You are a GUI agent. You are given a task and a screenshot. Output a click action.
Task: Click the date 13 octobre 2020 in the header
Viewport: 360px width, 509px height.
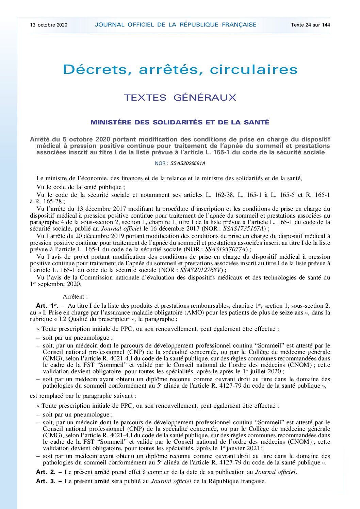(49, 25)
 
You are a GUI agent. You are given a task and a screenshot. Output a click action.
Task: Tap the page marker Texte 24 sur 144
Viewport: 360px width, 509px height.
(310, 25)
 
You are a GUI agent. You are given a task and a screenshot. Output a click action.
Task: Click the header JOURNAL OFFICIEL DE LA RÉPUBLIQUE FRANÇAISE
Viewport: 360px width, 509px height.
(176, 25)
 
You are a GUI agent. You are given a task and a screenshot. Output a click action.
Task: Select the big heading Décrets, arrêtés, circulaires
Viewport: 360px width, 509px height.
(180, 69)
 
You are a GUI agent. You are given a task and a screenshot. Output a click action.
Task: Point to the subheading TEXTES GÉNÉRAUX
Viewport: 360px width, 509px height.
(180, 98)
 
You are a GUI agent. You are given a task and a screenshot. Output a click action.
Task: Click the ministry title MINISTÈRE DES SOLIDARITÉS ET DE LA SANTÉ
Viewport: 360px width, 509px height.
(180, 122)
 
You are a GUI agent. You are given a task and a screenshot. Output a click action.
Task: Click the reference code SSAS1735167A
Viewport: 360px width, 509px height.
(244, 229)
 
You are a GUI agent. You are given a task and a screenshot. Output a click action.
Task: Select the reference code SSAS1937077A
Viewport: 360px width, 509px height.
(226, 249)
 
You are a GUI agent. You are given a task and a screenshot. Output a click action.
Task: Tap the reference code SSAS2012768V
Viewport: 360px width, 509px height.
(201, 270)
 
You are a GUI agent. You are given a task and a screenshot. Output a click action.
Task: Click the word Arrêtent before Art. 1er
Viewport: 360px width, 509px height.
(75, 296)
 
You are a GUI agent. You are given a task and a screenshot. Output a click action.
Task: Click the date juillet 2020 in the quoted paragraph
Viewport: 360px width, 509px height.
(266, 372)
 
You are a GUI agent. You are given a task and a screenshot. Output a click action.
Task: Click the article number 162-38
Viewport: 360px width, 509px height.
(224, 195)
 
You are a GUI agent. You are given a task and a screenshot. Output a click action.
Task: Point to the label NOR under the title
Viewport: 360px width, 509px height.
(160, 163)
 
